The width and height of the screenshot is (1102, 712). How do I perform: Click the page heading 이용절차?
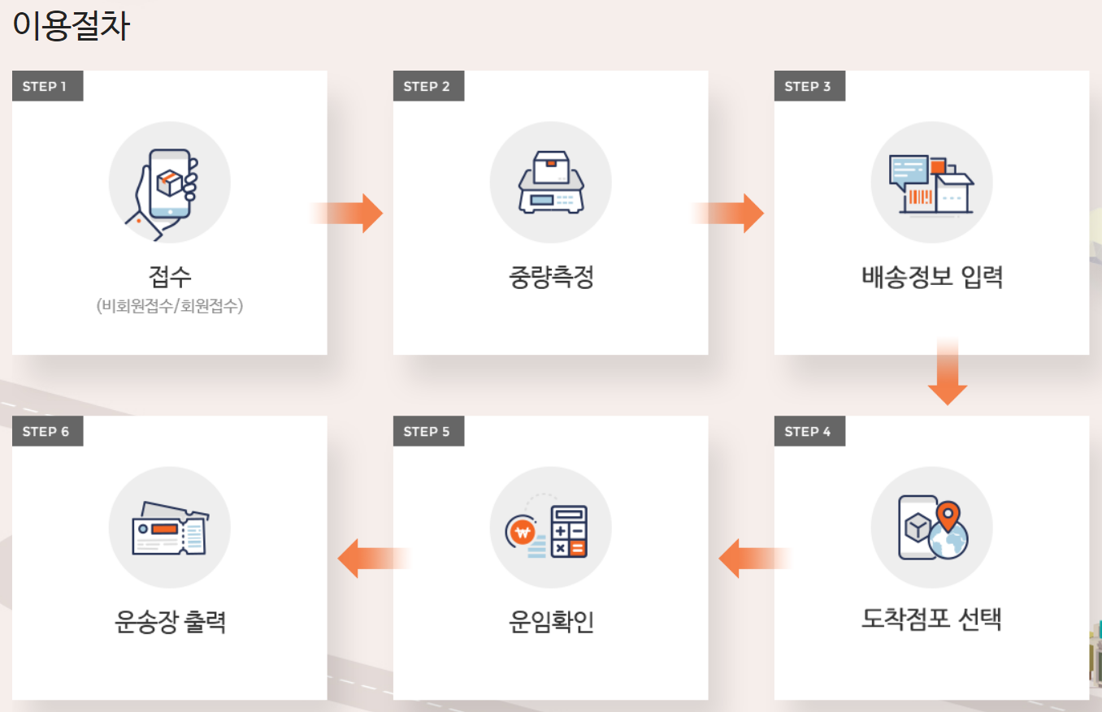pyautogui.click(x=72, y=25)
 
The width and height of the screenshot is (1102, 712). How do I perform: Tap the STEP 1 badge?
pyautogui.click(x=47, y=86)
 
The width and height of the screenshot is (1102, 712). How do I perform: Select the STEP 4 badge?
pyautogui.click(x=809, y=431)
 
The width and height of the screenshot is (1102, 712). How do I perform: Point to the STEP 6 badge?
pyautogui.click(x=47, y=431)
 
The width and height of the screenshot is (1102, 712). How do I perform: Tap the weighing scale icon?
pyautogui.click(x=550, y=183)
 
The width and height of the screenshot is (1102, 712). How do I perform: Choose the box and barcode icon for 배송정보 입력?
pyautogui.click(x=931, y=183)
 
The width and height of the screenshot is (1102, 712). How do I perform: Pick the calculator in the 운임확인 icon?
pyautogui.click(x=569, y=532)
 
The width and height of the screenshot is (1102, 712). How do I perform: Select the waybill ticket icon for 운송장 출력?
pyautogui.click(x=169, y=529)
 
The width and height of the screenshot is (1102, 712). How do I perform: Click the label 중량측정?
pyautogui.click(x=550, y=278)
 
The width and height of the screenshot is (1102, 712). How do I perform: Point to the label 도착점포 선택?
pyautogui.click(x=931, y=619)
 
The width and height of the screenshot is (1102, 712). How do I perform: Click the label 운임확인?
pyautogui.click(x=550, y=622)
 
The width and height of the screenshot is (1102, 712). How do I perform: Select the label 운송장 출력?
pyautogui.click(x=169, y=622)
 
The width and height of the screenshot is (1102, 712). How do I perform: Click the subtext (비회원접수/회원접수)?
pyautogui.click(x=169, y=306)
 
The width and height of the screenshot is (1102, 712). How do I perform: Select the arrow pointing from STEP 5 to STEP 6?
pyautogui.click(x=370, y=559)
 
